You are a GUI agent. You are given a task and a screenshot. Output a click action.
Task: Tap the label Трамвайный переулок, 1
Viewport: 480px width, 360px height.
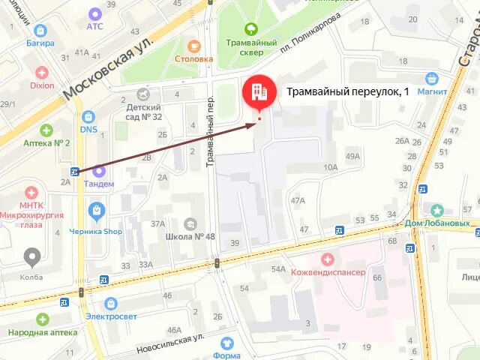348,92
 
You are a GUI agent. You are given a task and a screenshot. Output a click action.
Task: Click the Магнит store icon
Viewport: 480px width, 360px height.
431,78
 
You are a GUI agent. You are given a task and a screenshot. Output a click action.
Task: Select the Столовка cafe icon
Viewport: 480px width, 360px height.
194,45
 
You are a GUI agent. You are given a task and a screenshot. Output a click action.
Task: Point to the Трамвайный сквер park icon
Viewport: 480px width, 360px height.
251,30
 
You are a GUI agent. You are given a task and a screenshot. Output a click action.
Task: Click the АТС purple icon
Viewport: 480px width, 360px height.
94,13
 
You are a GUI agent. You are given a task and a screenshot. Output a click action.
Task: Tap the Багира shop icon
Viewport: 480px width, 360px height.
40,30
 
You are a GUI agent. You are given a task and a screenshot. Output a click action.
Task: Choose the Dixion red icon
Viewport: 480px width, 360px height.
42,73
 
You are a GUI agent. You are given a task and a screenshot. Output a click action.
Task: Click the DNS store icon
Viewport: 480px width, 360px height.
88,116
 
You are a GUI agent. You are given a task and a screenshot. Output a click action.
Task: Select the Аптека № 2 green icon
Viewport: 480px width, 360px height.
46,130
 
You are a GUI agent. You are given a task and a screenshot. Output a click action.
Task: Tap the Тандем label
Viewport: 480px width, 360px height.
99,184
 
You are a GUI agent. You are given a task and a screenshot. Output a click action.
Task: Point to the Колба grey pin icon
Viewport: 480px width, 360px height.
32,257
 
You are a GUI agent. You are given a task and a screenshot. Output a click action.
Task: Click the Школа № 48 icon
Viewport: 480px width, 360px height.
190,224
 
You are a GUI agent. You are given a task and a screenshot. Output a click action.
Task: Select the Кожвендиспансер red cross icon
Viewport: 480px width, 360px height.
327,259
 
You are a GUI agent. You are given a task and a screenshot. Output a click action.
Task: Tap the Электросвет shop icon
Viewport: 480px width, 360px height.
111,303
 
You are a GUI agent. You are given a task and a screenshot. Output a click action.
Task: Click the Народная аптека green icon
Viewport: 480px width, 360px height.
42,319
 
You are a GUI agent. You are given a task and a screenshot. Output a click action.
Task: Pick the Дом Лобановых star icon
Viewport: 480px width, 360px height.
437,211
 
